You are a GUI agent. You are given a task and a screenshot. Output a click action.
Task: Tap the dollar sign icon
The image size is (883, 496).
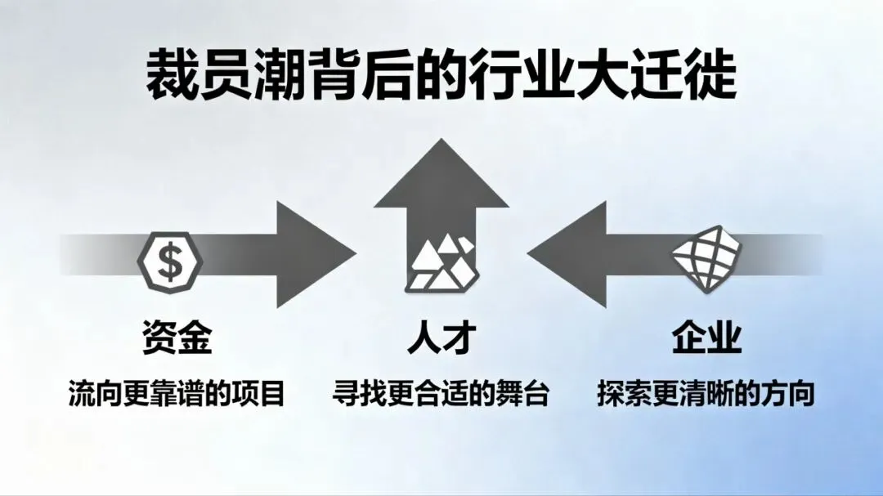[170, 261]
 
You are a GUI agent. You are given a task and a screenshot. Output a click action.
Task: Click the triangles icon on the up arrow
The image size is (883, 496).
[441, 263]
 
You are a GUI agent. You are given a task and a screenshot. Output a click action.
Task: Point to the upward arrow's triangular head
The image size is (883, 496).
[441, 176]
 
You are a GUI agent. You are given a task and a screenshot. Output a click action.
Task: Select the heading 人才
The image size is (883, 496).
[441, 338]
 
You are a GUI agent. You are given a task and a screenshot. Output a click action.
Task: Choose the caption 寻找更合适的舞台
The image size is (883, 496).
[441, 394]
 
